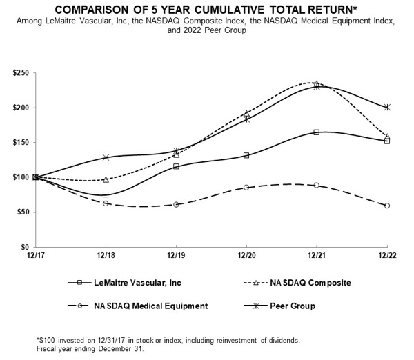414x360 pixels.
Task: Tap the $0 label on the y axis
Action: [x=23, y=247]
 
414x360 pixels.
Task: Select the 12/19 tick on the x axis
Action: [x=176, y=256]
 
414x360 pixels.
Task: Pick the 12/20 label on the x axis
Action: [x=246, y=256]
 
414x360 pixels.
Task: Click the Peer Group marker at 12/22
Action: [x=387, y=107]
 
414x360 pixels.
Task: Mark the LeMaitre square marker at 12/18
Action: [x=106, y=194]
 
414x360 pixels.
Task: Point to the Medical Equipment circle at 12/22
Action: [x=387, y=206]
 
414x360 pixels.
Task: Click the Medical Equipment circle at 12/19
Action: [x=176, y=205]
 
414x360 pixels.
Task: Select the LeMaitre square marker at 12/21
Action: [x=317, y=132]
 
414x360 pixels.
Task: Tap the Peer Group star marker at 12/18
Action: [x=106, y=157]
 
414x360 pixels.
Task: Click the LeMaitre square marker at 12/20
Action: [x=246, y=155]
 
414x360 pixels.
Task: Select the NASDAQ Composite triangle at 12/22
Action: [x=387, y=137]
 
